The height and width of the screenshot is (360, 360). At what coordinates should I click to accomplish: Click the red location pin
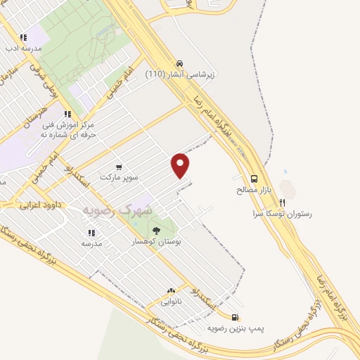(181, 165)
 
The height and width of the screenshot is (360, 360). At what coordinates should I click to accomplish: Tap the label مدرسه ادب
(24, 49)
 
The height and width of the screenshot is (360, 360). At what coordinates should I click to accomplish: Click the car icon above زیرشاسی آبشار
(180, 63)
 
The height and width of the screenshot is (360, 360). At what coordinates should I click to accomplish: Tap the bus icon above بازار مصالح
(254, 179)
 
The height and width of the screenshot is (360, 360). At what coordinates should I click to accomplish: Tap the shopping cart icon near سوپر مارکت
(118, 167)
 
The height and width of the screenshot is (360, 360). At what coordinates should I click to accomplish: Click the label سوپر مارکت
(116, 177)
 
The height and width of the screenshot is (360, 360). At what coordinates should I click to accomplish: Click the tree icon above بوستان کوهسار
(156, 230)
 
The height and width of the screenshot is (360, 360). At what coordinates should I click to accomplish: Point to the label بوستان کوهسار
(157, 241)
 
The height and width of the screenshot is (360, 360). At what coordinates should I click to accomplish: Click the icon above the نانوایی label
(171, 291)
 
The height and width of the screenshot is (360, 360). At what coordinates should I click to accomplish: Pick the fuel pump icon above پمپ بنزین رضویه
(234, 317)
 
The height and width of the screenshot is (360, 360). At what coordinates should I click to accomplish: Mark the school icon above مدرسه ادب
(23, 37)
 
